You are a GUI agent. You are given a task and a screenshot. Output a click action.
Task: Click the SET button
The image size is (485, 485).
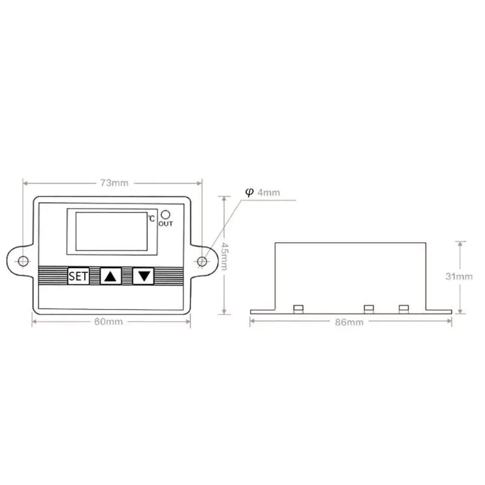click(x=78, y=276)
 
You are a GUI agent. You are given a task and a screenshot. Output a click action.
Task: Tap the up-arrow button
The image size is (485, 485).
click(x=111, y=276)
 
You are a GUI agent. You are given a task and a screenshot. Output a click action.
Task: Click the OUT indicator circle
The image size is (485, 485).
click(x=166, y=215)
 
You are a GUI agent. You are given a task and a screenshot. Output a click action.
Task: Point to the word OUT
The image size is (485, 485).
click(x=166, y=224)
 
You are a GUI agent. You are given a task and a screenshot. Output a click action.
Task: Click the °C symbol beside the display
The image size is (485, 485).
click(x=151, y=218)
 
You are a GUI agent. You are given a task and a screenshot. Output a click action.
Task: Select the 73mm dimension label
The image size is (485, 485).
click(x=114, y=183)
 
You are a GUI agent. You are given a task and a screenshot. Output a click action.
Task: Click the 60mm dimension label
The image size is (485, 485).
click(x=109, y=322)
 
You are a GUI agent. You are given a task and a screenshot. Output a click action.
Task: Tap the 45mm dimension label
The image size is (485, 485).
click(x=224, y=256)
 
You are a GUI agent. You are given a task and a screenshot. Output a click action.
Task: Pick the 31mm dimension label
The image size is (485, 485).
click(x=459, y=276)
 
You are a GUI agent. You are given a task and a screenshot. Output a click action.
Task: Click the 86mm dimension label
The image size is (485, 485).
click(x=349, y=323)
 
